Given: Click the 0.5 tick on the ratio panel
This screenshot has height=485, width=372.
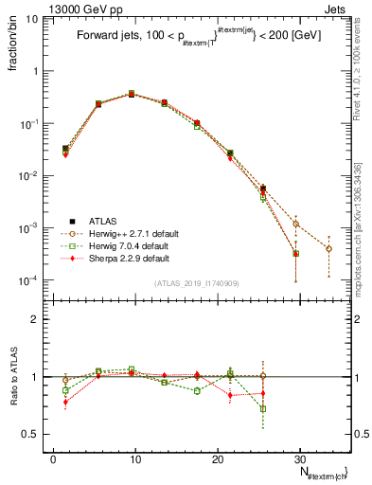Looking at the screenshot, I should [x=38, y=434].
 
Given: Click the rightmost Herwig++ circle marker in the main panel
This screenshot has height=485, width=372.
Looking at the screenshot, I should [x=328, y=248].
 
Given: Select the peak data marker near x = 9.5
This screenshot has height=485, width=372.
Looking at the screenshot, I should [x=132, y=94].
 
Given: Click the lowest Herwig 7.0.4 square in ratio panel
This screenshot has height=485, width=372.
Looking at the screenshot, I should [x=263, y=408].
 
